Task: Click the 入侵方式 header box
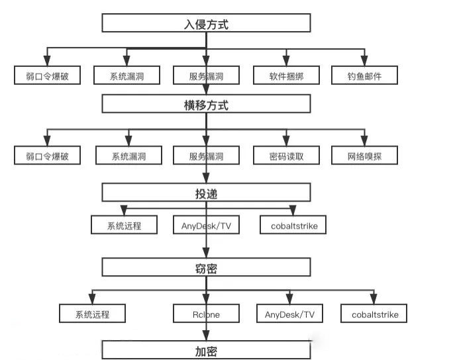206,23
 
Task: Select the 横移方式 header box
206,103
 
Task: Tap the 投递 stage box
206,192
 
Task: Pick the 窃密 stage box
206,267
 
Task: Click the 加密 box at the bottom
206,349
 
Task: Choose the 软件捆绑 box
286,75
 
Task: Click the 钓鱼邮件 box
365,75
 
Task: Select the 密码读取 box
286,156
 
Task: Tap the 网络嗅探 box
365,156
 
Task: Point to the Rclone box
206,314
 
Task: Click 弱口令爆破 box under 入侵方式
47,75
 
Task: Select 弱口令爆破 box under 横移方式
47,156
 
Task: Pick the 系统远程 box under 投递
125,225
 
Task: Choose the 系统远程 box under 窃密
92,314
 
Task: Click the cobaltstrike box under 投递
293,225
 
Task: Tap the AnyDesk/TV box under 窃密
289,314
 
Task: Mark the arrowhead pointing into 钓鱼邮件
364,61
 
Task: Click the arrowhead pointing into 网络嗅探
365,141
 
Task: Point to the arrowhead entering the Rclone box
206,298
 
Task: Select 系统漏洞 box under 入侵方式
126,75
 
